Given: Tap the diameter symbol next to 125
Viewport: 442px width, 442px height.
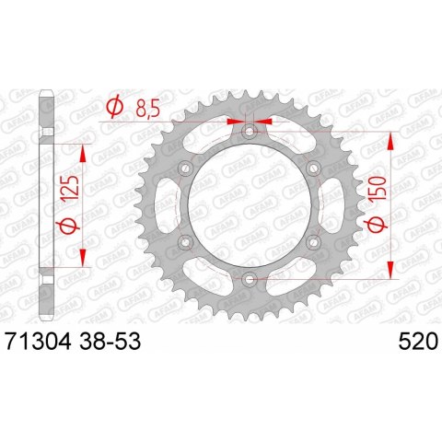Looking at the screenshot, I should (x=67, y=227).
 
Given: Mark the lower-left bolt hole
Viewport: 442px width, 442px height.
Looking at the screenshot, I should (x=185, y=242).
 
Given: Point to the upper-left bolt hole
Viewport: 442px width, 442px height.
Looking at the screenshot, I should (x=185, y=169).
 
